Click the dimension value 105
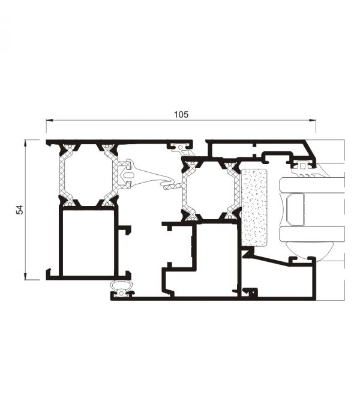coord(181,115)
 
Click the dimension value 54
coord(20,210)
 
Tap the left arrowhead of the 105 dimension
coord(50,120)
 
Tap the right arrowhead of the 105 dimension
coord(312,120)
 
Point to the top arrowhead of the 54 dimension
coord(25,144)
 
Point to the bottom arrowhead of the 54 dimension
coord(25,276)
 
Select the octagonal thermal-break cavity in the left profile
coord(88,175)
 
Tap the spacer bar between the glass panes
coord(296,210)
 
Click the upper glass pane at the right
coord(312,185)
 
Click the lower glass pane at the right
coord(312,234)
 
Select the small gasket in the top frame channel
coord(182,148)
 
